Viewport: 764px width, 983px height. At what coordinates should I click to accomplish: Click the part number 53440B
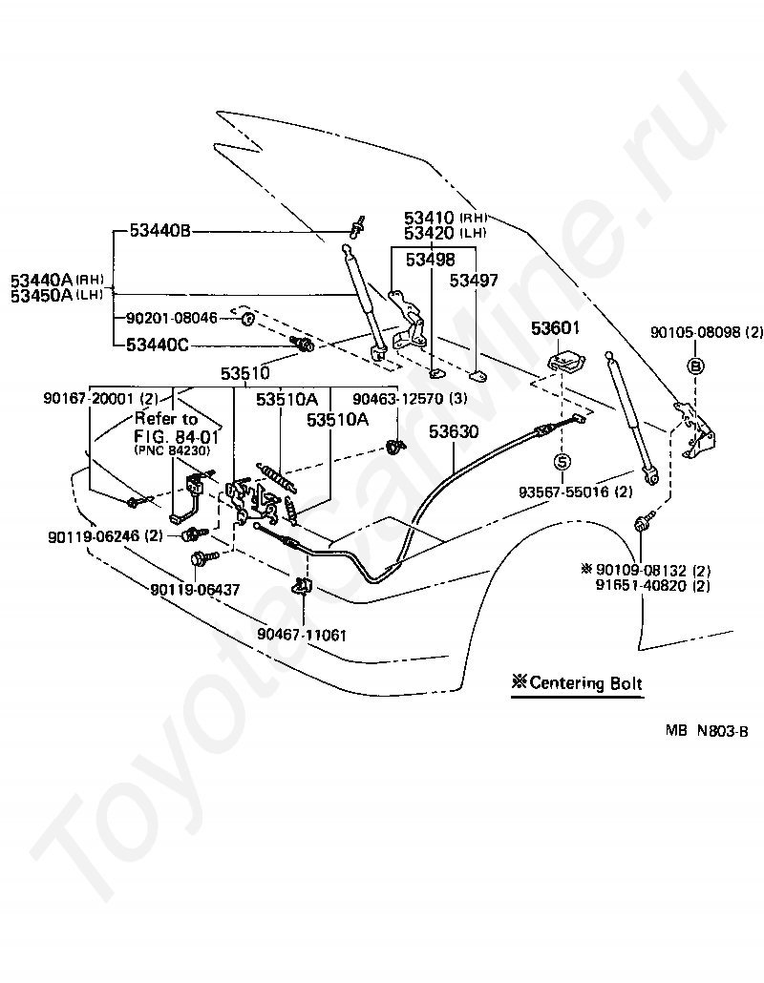(159, 231)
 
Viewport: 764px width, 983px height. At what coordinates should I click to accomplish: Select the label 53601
(555, 328)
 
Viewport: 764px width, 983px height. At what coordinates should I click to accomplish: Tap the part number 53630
(454, 431)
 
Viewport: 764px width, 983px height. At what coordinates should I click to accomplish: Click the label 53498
(431, 260)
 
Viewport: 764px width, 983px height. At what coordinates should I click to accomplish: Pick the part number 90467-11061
(302, 635)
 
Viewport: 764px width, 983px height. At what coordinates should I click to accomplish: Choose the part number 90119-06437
(195, 590)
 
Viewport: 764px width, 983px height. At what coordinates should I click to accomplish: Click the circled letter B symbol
(696, 366)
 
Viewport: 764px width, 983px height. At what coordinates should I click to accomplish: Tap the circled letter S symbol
(562, 462)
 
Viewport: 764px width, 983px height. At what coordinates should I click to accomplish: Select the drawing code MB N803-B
(707, 731)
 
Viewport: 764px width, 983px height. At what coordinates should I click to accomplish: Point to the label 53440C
(158, 345)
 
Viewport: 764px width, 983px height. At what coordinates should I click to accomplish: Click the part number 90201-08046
(172, 319)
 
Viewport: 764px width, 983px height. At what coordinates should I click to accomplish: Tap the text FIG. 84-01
(177, 436)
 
